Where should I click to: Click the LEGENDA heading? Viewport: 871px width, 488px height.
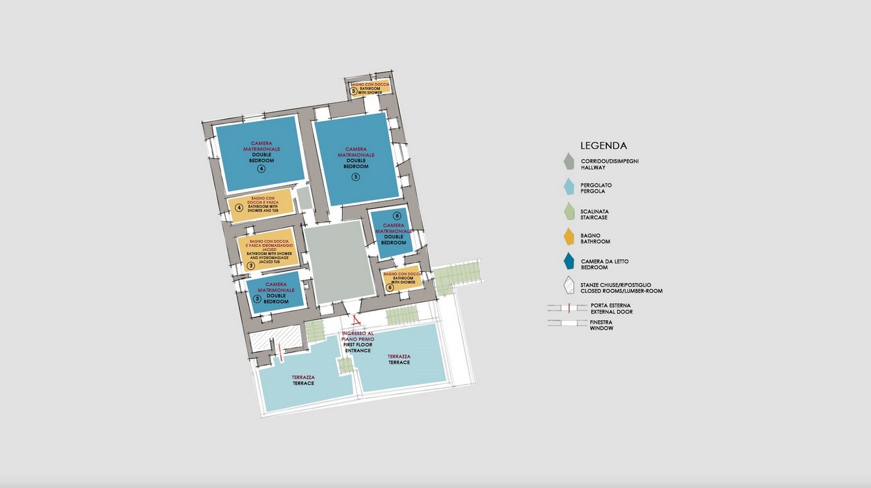coord(604,146)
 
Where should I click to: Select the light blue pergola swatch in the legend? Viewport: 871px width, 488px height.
coord(569,187)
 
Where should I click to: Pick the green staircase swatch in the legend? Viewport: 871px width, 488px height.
coord(569,212)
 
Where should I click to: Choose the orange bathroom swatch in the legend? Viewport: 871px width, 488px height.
coord(569,237)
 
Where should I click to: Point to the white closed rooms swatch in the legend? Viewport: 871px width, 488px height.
coord(569,286)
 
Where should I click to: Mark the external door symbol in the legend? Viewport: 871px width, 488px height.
coord(568,308)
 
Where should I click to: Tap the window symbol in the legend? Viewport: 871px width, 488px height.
coord(568,323)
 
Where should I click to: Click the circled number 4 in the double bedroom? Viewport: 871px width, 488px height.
coord(261,169)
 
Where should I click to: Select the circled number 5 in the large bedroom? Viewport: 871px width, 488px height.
coord(356,176)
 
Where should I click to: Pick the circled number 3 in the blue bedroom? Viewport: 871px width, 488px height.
coord(257,299)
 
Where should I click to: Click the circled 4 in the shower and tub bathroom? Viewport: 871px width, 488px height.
coord(239,208)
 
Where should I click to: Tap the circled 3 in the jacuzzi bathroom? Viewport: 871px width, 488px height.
coord(251,265)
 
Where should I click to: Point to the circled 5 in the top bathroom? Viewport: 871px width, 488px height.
coord(354,91)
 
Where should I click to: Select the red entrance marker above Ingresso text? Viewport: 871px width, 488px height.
coord(355,320)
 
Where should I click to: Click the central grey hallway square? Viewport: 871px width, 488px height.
coord(336,261)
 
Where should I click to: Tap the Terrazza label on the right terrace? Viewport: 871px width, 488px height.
coord(399,359)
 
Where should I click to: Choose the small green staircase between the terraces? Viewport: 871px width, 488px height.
coord(345,366)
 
